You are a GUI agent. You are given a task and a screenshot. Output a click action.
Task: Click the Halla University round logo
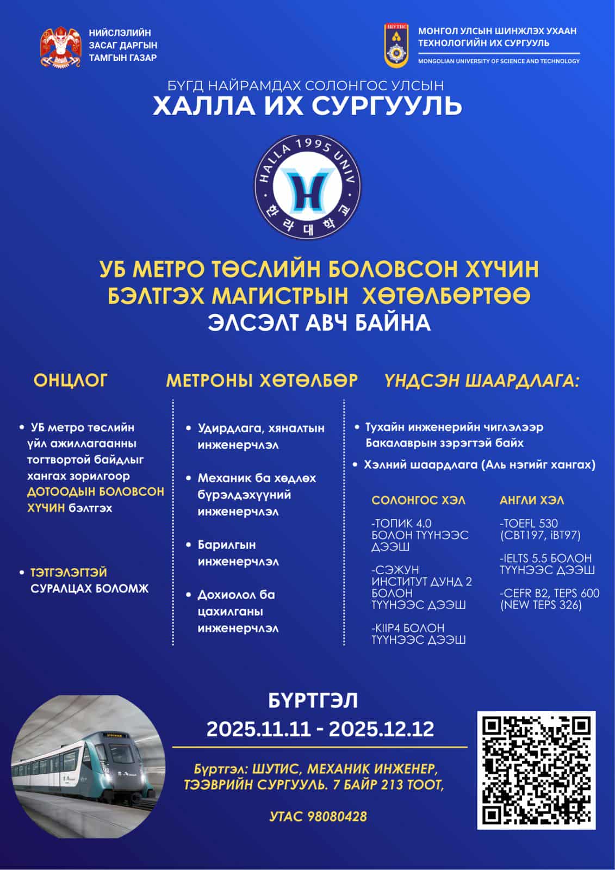(x=308, y=187)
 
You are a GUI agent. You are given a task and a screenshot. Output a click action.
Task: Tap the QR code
(x=536, y=770)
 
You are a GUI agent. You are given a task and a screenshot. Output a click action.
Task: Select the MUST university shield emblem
(x=396, y=45)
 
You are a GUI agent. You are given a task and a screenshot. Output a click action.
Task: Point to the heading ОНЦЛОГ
(x=71, y=380)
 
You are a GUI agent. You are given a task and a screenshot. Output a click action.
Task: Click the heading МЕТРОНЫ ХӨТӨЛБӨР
(x=262, y=380)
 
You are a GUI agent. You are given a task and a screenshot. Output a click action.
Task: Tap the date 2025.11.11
(x=258, y=729)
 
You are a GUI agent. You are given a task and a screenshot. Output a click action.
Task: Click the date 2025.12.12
(x=381, y=729)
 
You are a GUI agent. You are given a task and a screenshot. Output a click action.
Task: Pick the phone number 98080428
(x=337, y=816)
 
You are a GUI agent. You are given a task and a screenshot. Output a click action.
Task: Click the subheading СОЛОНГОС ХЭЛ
(x=418, y=500)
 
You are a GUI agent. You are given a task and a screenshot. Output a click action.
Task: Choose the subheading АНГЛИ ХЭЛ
(x=532, y=500)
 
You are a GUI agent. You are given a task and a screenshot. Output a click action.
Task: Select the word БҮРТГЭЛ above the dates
(x=313, y=701)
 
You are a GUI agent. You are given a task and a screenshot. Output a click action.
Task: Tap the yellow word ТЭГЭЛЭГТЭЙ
(x=69, y=573)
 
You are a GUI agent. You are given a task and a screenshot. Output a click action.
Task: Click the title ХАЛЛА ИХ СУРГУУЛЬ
(x=307, y=105)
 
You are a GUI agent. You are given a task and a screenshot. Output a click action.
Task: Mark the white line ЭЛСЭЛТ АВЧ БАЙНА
(x=319, y=322)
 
